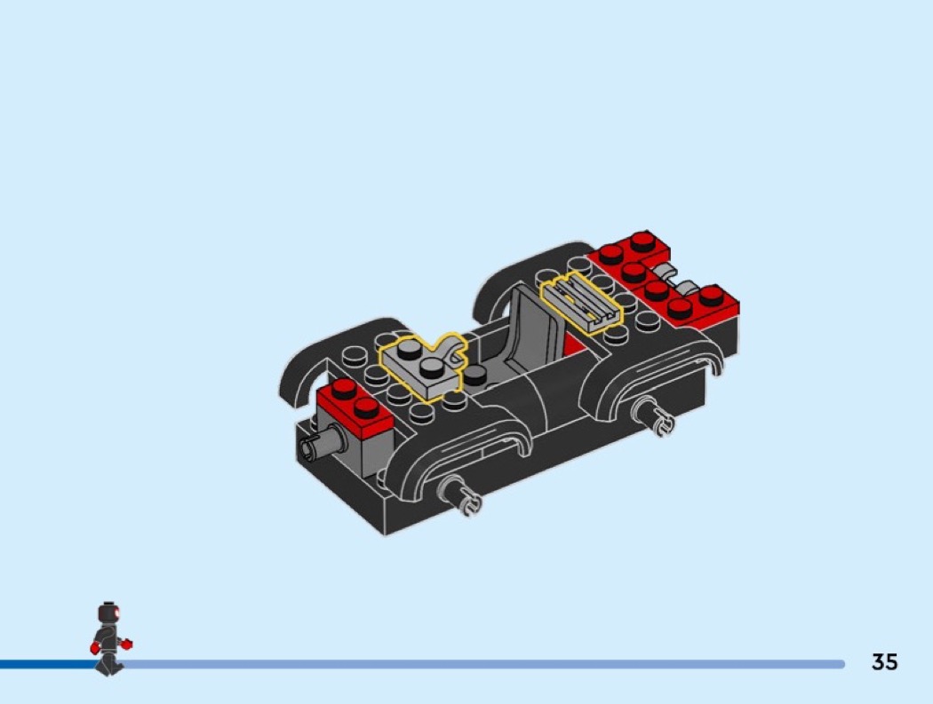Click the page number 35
884,661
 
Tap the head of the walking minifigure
108,613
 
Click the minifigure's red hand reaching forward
125,644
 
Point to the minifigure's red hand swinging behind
94,647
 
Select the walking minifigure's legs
109,663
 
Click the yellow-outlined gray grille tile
580,303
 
